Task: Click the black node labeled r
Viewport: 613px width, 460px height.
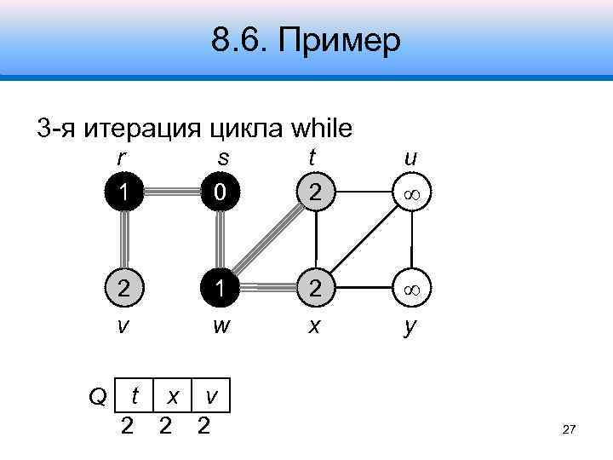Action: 124,193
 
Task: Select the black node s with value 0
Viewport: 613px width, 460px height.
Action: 220,193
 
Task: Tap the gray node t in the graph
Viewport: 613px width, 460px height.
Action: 315,193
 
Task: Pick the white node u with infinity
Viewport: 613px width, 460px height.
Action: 411,193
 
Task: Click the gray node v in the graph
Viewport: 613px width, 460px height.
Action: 124,289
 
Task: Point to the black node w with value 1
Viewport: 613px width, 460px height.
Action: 220,289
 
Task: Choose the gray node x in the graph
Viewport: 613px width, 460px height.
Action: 315,289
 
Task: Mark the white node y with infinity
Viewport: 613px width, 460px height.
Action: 411,289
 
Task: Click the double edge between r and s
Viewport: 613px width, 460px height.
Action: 172,193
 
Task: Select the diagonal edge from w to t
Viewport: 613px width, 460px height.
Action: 267,241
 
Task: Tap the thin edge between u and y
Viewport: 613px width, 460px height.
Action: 411,241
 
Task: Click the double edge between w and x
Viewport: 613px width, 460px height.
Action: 267,289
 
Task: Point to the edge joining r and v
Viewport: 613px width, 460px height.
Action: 124,241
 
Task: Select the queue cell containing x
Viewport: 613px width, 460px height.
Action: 173,396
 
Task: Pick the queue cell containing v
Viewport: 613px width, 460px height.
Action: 210,396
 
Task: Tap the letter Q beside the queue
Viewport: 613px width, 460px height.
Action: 98,396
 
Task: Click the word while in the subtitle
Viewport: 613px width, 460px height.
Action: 321,129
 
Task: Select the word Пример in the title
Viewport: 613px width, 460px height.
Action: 337,40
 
